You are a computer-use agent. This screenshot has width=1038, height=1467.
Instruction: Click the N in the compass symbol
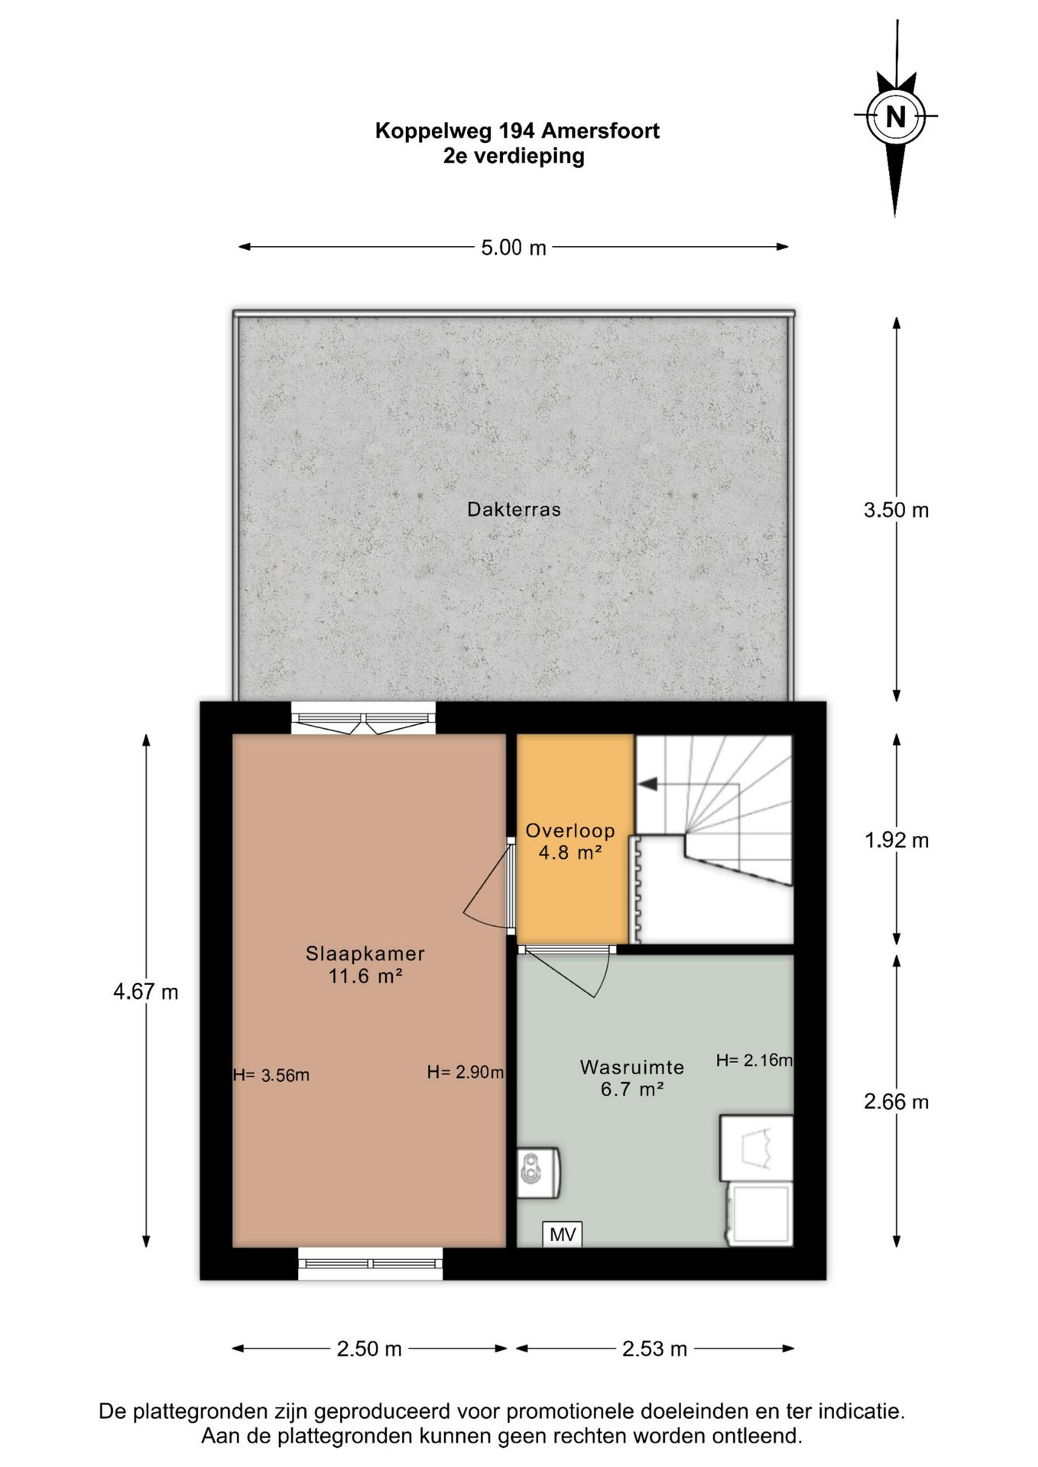[x=895, y=117]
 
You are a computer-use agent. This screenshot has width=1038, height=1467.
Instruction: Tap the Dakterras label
[x=514, y=510]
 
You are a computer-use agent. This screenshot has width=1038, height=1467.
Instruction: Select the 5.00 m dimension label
[x=514, y=248]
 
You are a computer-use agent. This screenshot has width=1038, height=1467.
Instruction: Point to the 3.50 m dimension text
[x=896, y=510]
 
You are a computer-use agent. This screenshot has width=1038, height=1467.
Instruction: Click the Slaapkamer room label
[x=365, y=954]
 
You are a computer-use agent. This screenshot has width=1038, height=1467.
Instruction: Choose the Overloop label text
[x=570, y=831]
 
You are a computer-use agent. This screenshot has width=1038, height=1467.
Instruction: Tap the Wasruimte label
[x=632, y=1067]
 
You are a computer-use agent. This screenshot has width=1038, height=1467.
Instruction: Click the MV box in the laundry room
[x=563, y=1234]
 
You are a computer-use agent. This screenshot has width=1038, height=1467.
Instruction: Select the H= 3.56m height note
[x=271, y=1075]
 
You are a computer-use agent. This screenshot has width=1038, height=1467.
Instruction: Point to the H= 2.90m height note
[x=465, y=1072]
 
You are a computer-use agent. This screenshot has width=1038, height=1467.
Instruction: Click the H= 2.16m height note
[x=754, y=1060]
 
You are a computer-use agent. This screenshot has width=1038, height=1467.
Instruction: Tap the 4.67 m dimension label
[x=146, y=992]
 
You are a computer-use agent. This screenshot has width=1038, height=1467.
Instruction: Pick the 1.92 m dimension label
[x=897, y=840]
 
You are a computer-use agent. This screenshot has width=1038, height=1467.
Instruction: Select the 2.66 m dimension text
[x=897, y=1102]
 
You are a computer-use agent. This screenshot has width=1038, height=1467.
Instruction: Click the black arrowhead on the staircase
[x=647, y=784]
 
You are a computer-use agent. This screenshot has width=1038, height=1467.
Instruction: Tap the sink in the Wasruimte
[x=538, y=1172]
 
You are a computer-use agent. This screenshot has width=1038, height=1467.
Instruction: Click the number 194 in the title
[x=517, y=131]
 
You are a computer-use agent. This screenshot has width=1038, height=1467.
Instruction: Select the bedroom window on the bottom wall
[x=370, y=1263]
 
